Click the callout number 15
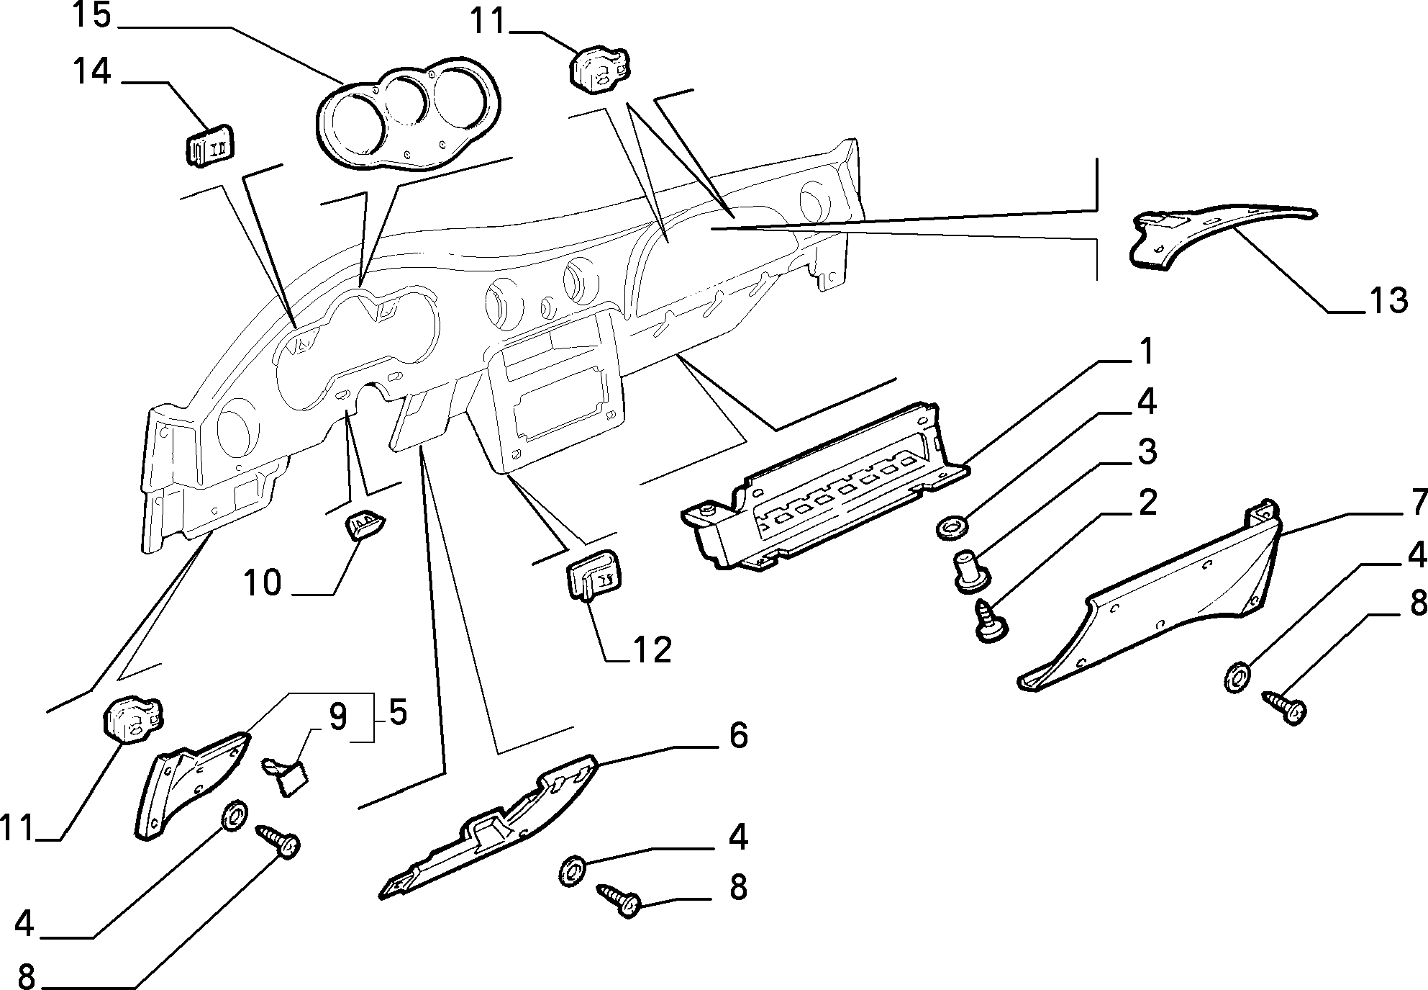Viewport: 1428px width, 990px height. point(91,16)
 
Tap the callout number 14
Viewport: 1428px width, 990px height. point(91,72)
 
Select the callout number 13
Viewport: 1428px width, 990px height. point(1387,300)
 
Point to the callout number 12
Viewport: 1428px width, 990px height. point(652,649)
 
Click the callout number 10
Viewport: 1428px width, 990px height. point(263,583)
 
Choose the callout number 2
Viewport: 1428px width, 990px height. point(1147,502)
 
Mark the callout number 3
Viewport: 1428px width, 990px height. point(1147,452)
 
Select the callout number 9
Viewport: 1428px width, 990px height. point(337,717)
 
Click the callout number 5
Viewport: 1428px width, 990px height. point(398,713)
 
